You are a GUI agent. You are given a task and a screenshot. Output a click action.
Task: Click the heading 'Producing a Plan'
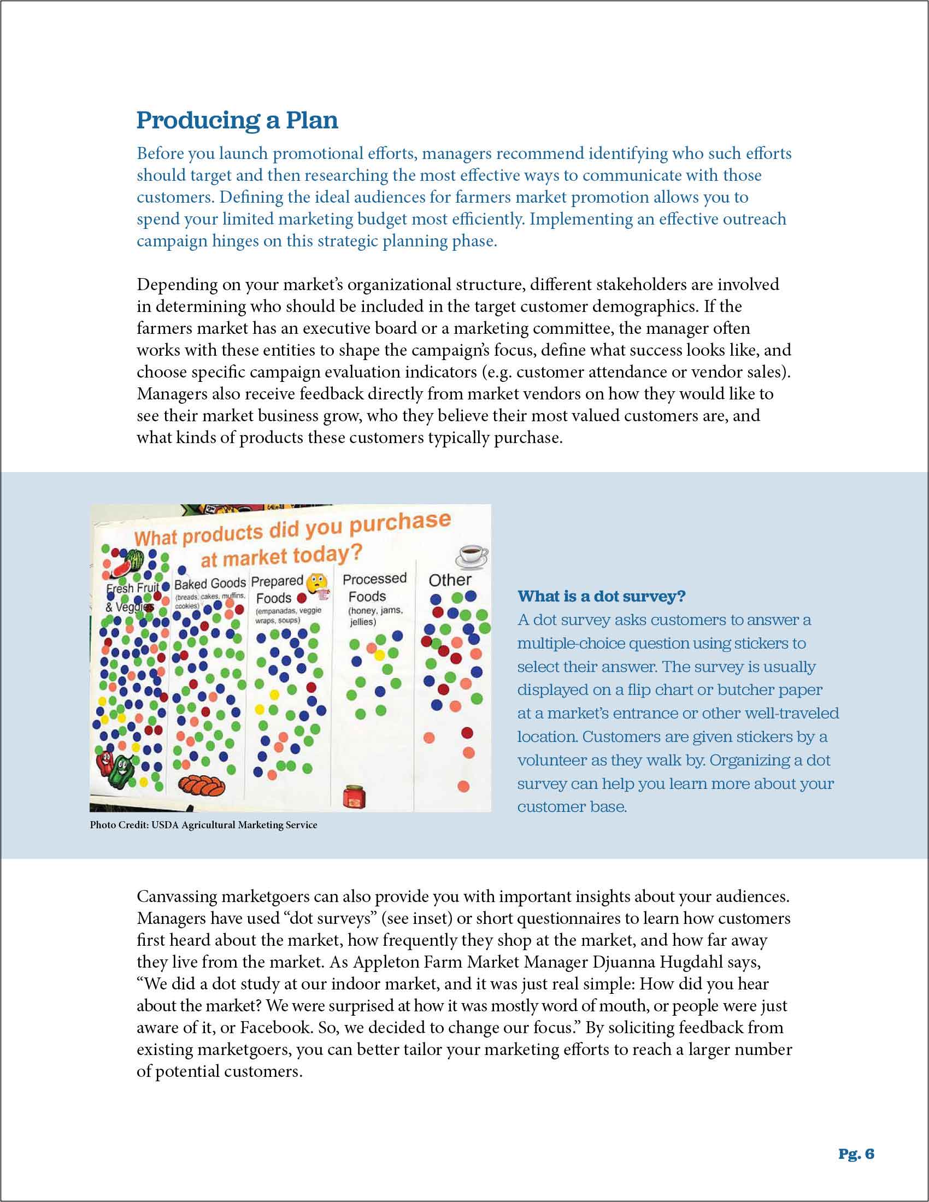(237, 121)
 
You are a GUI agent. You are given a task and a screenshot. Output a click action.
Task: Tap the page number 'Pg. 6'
(856, 1153)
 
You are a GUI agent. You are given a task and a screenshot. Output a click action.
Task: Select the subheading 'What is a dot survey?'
(602, 596)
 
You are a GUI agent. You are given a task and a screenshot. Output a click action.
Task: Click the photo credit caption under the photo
(204, 825)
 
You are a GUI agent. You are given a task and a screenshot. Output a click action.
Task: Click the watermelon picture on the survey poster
(126, 562)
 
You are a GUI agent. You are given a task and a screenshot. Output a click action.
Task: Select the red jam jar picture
(355, 797)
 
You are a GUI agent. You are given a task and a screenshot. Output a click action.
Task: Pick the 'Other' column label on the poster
(450, 580)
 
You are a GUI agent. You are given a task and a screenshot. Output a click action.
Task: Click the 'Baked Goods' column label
(210, 584)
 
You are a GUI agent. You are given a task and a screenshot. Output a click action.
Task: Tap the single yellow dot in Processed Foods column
(379, 656)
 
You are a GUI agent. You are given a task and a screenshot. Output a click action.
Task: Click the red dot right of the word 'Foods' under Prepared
(302, 598)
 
